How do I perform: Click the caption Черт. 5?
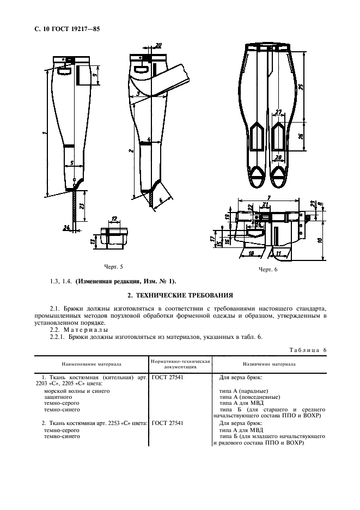click(113, 266)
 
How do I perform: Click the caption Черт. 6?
click(268, 269)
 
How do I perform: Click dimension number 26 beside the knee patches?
click(301, 137)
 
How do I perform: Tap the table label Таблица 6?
click(306, 348)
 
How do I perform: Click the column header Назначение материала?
click(270, 363)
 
